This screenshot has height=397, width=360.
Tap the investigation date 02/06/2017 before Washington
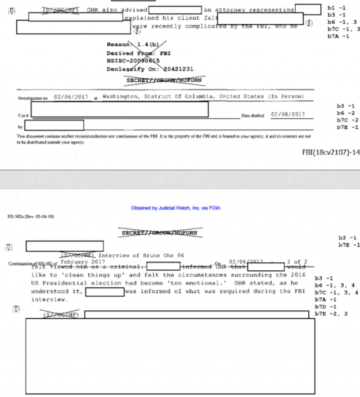pyautogui.click(x=71, y=97)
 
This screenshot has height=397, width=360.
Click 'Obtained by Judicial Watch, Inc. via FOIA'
pyautogui.click(x=176, y=208)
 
